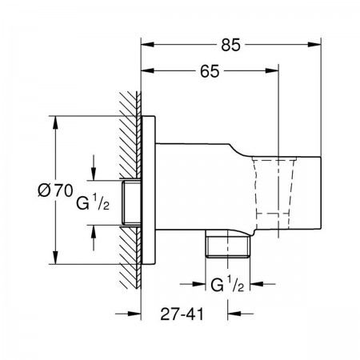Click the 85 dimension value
pyautogui.click(x=230, y=45)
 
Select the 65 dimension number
pyautogui.click(x=210, y=71)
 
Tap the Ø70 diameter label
pyautogui.click(x=55, y=190)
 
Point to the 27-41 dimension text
pyautogui.click(x=182, y=314)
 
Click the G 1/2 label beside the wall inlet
pyautogui.click(x=93, y=202)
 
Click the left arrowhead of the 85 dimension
pyautogui.click(x=147, y=45)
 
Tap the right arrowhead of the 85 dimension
pyautogui.click(x=314, y=45)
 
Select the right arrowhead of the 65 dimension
pyautogui.click(x=272, y=70)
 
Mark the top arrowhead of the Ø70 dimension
pyautogui.click(x=55, y=123)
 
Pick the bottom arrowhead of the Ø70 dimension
pyautogui.click(x=55, y=258)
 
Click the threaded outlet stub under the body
pyautogui.click(x=228, y=244)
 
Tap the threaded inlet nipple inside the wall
pyautogui.click(x=131, y=202)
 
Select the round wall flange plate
pyautogui.click(x=148, y=190)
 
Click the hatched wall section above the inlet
pyautogui.click(x=130, y=134)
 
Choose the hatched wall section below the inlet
pyautogui.click(x=130, y=258)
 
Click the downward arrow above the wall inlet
pyautogui.click(x=94, y=167)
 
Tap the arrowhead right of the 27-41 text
pyautogui.click(x=234, y=314)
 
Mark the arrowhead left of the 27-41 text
pyautogui.click(x=134, y=314)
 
